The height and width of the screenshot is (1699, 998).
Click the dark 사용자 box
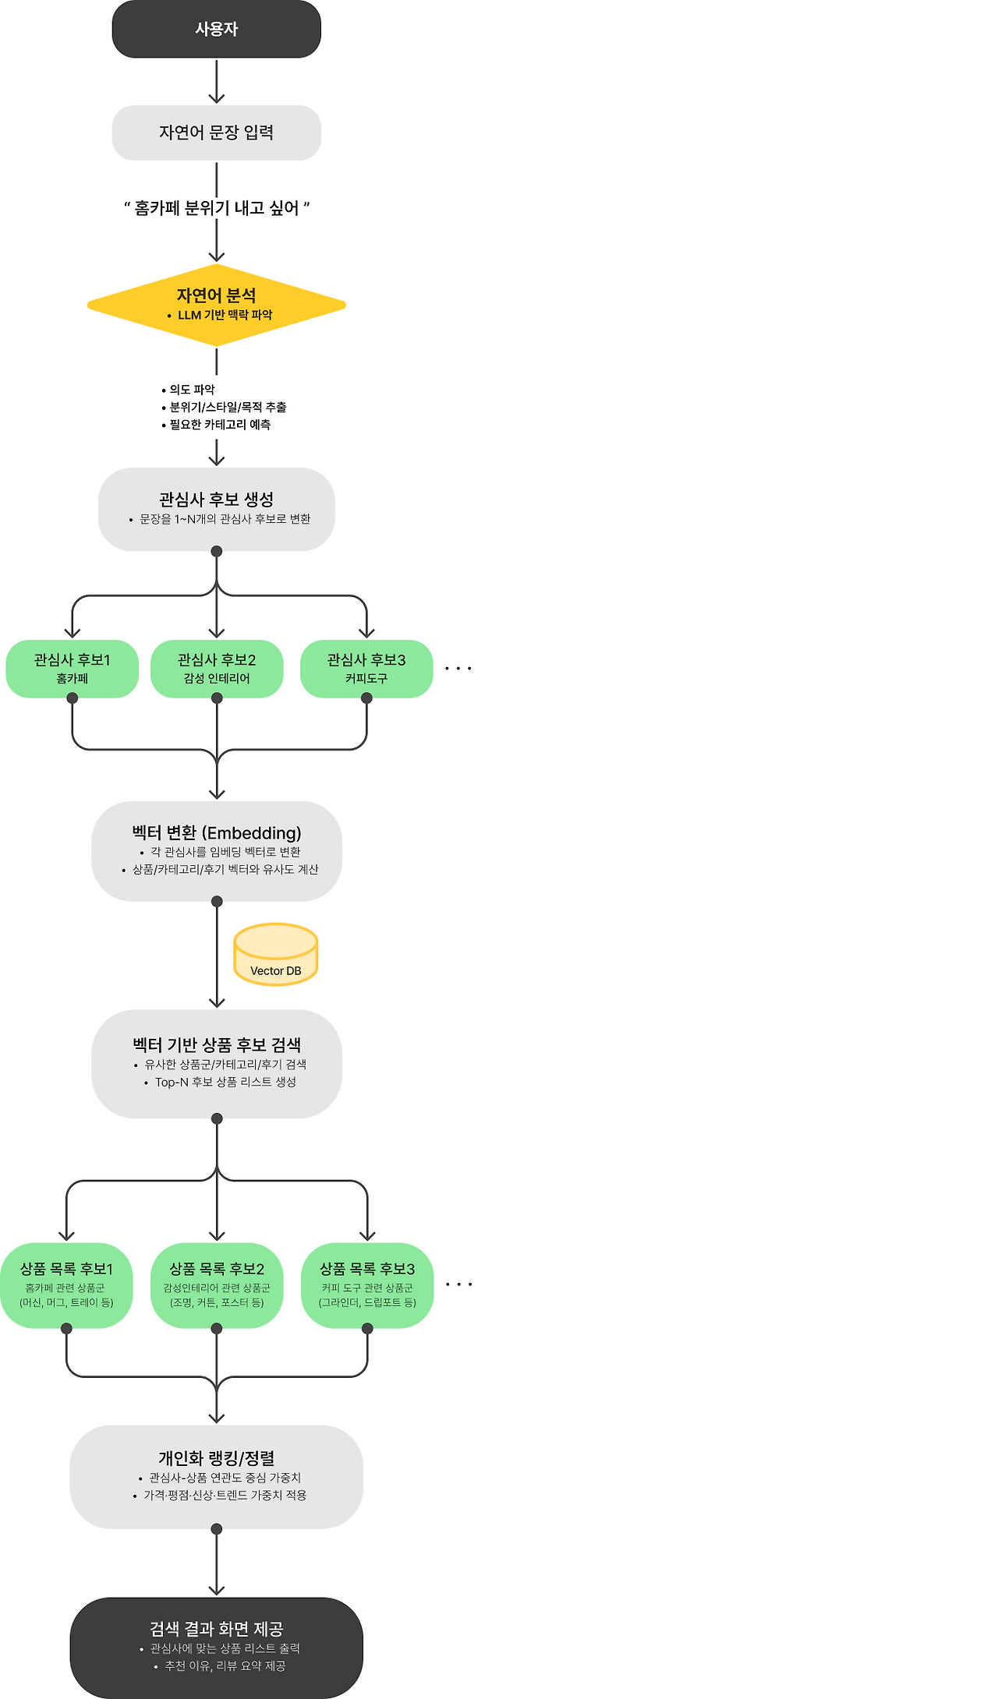pos(216,29)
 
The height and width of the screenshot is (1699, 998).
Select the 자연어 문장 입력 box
pos(216,132)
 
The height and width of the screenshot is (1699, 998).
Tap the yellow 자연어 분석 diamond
pos(216,304)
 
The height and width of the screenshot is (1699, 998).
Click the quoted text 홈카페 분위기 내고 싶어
pos(216,208)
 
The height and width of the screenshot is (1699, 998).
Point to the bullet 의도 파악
pos(192,390)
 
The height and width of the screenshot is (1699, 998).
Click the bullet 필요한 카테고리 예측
pos(219,425)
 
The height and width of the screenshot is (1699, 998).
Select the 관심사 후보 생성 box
pos(216,509)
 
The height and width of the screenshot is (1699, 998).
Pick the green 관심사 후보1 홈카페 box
pos(72,669)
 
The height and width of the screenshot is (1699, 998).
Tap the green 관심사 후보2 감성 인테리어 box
pos(216,669)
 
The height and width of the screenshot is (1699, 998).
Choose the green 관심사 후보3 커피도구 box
pos(366,669)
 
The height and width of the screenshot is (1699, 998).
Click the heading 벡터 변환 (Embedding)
pos(216,833)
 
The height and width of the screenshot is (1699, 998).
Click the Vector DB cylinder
pos(275,955)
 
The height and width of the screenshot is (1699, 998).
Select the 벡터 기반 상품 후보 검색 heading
pos(216,1045)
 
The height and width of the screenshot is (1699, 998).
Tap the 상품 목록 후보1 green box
pos(66,1285)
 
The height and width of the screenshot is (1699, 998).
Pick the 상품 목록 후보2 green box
pos(216,1285)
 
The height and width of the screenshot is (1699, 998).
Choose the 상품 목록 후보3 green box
pos(367,1285)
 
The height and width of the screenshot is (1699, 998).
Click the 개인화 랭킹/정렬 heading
pos(216,1458)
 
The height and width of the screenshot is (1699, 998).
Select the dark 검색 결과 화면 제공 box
pos(216,1647)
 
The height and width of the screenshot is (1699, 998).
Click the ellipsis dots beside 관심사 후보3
pos(458,669)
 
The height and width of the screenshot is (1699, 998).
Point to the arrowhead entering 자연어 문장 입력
pos(216,98)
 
